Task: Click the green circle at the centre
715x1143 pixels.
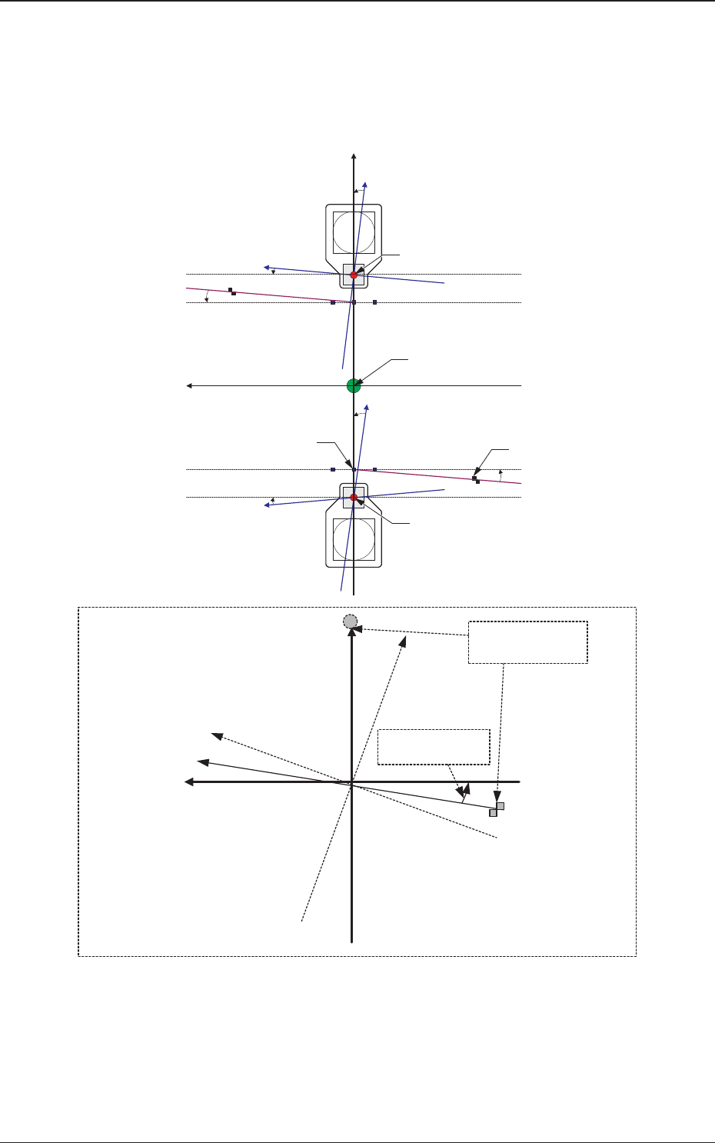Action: tap(354, 385)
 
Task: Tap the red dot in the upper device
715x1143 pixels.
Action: tap(354, 275)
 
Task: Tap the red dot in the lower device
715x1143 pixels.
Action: tap(354, 497)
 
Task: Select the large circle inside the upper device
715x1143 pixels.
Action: tap(354, 232)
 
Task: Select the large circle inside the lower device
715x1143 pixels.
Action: tap(354, 539)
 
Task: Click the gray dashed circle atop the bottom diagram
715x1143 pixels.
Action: tap(351, 621)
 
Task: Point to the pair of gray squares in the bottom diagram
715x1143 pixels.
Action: tap(497, 809)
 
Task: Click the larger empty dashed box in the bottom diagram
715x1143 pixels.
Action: tap(528, 642)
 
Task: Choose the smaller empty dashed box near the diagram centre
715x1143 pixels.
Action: tap(434, 747)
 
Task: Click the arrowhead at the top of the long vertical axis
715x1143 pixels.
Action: tap(354, 158)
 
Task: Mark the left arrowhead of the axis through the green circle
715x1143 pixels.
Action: tap(190, 385)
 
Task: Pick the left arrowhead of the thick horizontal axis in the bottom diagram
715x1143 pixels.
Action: tap(188, 781)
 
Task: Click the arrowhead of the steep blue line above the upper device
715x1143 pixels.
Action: tap(365, 185)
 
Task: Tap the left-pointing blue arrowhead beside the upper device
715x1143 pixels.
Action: tap(267, 268)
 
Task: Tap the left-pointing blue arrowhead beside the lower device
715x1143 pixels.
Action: tap(268, 505)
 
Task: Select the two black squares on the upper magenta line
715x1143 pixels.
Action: tap(232, 292)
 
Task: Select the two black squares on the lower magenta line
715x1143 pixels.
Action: tap(476, 480)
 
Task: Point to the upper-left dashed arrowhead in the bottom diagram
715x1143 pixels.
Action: tap(218, 736)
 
